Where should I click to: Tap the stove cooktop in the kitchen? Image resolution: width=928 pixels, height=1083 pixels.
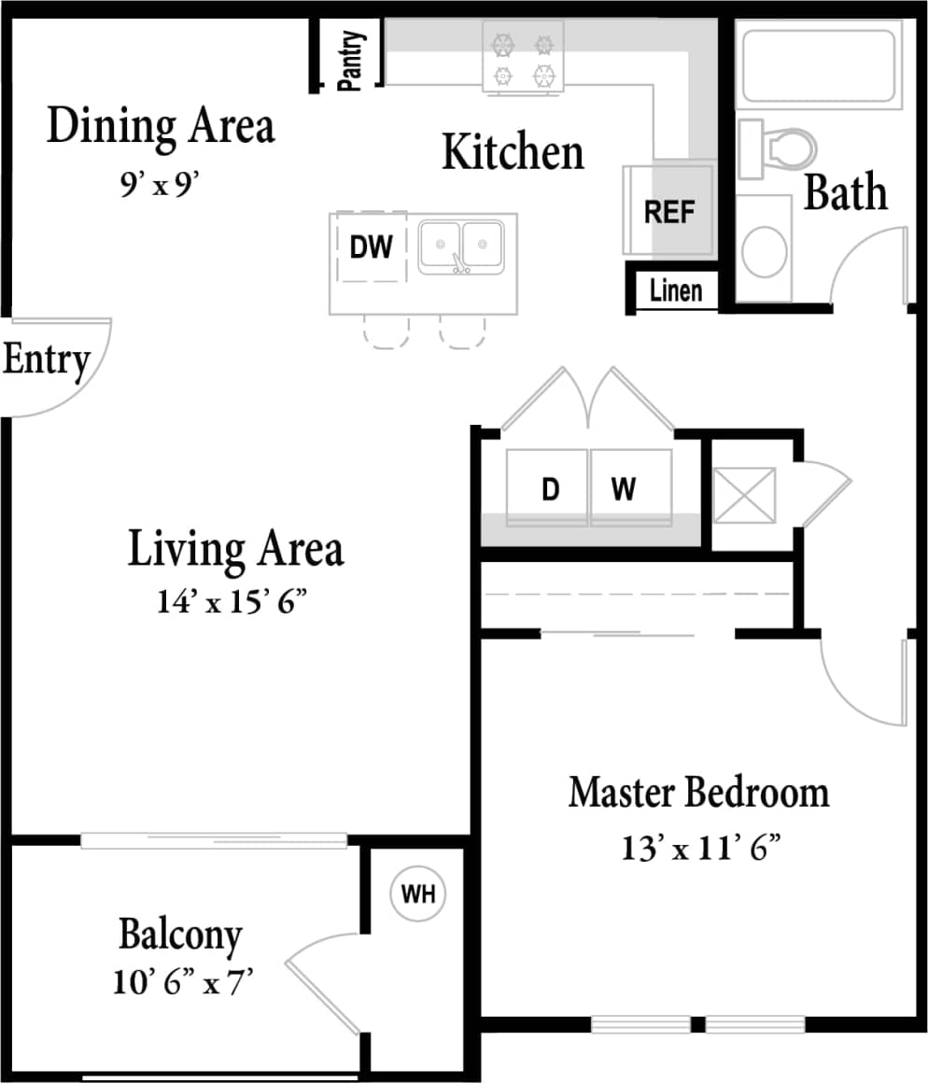(x=523, y=58)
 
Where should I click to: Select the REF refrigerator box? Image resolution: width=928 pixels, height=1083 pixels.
(x=669, y=211)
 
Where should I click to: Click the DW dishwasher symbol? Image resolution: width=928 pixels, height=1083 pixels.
(x=371, y=246)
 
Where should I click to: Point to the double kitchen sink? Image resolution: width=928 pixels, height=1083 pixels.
(x=461, y=246)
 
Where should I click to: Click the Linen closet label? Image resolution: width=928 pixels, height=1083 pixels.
(x=675, y=290)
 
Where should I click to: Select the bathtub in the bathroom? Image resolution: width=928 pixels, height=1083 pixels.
(x=819, y=64)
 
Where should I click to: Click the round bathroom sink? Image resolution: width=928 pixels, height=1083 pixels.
(x=764, y=250)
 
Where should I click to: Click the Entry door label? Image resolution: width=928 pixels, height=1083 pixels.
(x=47, y=359)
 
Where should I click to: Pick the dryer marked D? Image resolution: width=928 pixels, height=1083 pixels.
(x=550, y=488)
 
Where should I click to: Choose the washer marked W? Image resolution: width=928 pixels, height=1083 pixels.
(x=624, y=488)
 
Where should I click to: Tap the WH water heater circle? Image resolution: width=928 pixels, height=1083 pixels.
(x=417, y=893)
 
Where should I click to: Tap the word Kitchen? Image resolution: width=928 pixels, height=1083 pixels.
(x=513, y=152)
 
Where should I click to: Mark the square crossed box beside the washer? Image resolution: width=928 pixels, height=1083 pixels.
(x=744, y=496)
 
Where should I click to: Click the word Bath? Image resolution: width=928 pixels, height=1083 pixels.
(x=845, y=192)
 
